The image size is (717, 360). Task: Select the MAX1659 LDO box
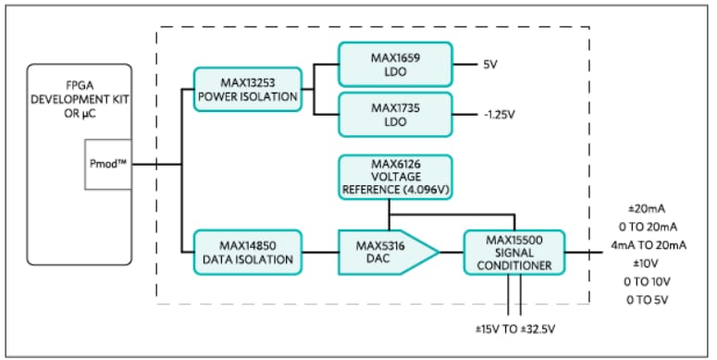(395, 64)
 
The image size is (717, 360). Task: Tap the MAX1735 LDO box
(395, 115)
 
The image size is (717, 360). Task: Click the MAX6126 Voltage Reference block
(395, 177)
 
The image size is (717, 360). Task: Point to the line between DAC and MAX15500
(451, 251)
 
